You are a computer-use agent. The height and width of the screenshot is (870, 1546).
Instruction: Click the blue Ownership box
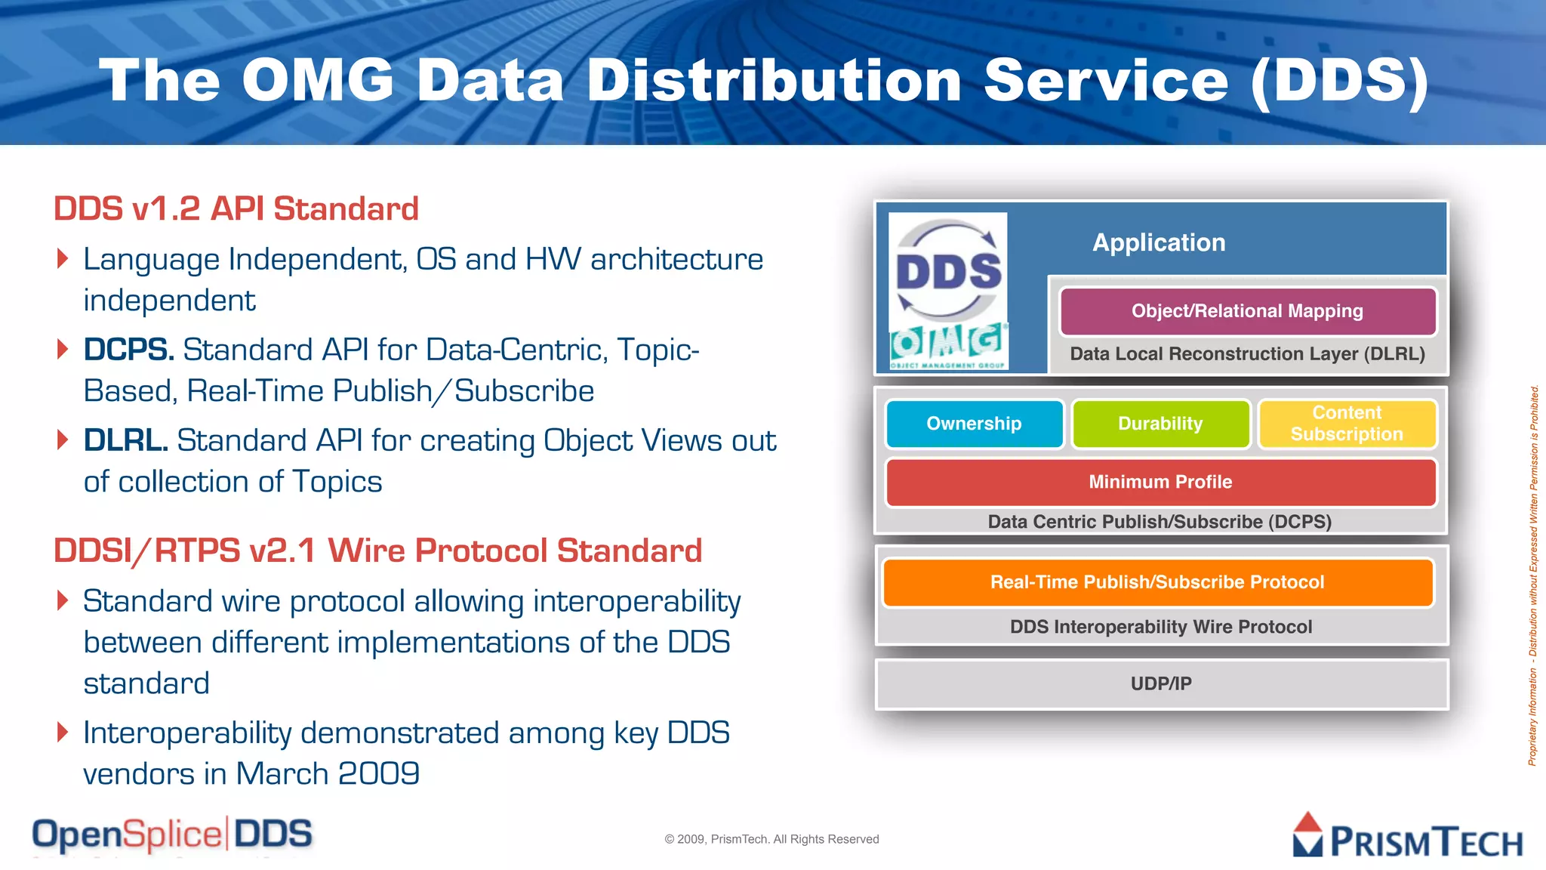(x=974, y=424)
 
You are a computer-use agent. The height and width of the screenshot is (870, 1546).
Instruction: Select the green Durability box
(x=1160, y=424)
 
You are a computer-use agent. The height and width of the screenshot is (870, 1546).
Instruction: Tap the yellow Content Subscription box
(x=1347, y=424)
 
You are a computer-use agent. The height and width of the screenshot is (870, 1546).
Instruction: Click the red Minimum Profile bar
(x=1160, y=482)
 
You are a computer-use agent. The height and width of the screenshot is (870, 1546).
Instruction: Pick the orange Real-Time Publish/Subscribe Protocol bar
(x=1157, y=582)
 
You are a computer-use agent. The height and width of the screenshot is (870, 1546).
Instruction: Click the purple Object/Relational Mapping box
(x=1247, y=311)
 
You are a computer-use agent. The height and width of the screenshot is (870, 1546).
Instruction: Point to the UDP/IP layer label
(x=1161, y=683)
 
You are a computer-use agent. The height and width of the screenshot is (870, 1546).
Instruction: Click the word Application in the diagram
(x=1159, y=242)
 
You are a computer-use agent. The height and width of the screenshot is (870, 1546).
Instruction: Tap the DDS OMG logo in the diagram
(x=948, y=292)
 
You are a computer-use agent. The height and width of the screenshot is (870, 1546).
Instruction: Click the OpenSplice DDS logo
(x=172, y=835)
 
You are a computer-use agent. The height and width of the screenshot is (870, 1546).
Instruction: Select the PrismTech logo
(x=1407, y=837)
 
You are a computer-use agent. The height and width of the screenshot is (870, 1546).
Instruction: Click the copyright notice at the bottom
(x=771, y=839)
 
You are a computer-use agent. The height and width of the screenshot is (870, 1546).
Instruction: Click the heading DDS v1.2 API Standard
(x=236, y=209)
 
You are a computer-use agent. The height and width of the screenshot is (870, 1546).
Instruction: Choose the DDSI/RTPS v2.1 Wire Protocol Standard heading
(x=377, y=551)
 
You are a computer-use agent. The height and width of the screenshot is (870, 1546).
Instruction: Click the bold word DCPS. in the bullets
(x=128, y=350)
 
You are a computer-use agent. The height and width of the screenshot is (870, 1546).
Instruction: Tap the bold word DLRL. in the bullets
(x=125, y=441)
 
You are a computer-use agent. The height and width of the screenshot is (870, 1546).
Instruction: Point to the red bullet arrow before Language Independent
(x=63, y=259)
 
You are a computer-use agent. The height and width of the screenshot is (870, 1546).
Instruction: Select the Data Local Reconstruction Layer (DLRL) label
(x=1247, y=354)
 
